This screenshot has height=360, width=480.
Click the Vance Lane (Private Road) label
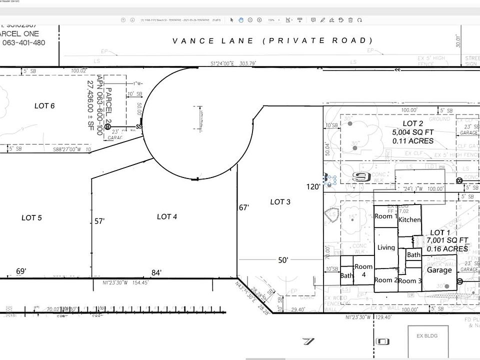tap(272, 40)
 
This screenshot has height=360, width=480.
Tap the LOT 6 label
tap(44, 105)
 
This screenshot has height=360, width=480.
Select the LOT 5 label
tap(31, 217)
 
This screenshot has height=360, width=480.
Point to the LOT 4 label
tap(167, 216)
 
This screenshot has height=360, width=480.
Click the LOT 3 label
tap(280, 201)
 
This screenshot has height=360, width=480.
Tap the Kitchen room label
tap(409, 220)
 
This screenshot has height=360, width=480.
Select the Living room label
tap(386, 247)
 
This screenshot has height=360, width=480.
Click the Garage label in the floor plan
tap(439, 270)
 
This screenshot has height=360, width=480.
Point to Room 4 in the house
tap(363, 270)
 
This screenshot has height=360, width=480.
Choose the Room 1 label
tap(385, 216)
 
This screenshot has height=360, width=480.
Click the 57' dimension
tap(99, 220)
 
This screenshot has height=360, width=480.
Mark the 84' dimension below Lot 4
tap(156, 272)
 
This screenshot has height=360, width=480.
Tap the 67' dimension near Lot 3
tap(243, 207)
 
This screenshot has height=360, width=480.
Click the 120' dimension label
tap(312, 186)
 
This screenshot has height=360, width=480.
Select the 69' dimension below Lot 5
tap(21, 271)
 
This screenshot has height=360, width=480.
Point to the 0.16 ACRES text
tap(447, 248)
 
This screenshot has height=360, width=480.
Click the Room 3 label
tap(410, 281)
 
